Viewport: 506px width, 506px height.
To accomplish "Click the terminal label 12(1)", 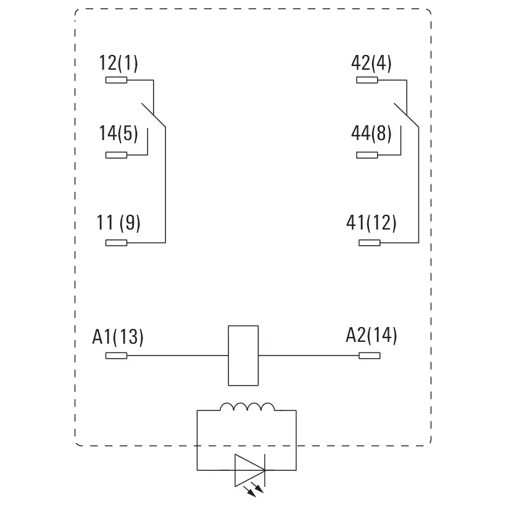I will point(118,63).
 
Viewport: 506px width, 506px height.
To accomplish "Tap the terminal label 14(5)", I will point(118,134).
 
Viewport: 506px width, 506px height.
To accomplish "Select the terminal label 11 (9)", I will point(118,223).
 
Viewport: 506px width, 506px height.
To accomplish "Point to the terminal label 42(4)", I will point(371,63).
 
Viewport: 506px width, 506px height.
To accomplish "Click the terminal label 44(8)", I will point(371,134).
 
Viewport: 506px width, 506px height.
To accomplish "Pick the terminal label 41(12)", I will point(371,223).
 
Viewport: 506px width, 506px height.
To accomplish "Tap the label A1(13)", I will point(118,337).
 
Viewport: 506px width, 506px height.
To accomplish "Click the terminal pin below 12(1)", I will point(116,80).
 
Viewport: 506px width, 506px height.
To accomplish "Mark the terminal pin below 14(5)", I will point(116,155).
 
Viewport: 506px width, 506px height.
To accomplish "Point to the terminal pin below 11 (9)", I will point(116,243).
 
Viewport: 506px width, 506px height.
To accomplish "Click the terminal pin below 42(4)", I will point(367,80).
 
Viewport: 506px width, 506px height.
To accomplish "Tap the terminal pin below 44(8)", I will point(367,155).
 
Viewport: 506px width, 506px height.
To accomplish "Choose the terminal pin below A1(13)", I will point(116,355).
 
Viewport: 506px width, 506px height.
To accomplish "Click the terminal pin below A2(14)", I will point(369,355).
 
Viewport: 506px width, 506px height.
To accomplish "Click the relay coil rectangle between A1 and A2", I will point(243,355).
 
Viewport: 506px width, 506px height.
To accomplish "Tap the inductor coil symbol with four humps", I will point(247,407).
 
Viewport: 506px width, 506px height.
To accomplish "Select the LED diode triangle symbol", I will point(249,470).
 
